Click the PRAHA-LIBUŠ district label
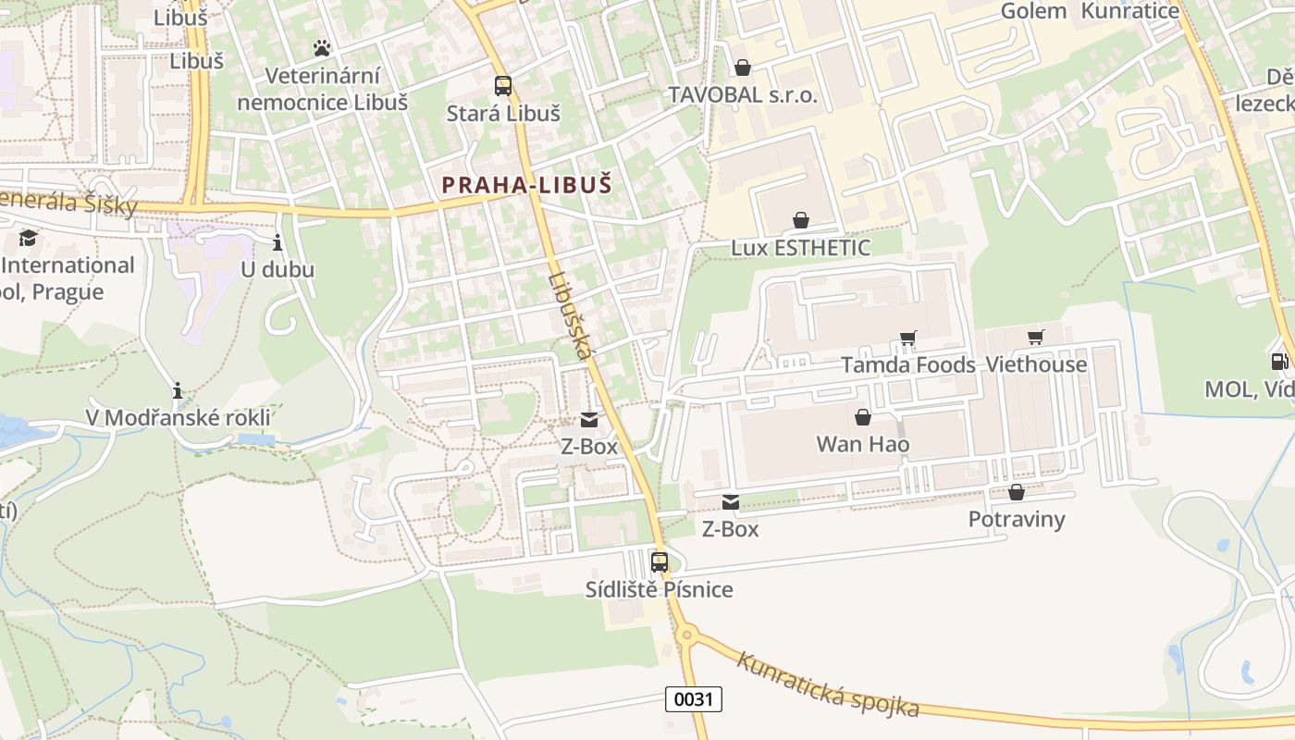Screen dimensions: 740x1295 [526, 185]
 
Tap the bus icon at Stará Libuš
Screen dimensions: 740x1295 [503, 86]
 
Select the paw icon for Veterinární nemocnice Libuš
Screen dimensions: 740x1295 [322, 47]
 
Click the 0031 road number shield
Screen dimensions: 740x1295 [693, 699]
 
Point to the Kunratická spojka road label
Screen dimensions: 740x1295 [828, 685]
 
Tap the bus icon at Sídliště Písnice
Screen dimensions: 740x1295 [660, 561]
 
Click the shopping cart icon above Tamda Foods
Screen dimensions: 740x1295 [908, 339]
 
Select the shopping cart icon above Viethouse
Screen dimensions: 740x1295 [1036, 338]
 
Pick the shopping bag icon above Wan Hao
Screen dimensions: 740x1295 [863, 417]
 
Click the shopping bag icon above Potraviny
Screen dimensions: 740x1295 [1017, 492]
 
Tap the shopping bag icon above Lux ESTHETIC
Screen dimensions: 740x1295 [801, 220]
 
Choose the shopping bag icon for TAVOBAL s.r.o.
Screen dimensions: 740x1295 [743, 68]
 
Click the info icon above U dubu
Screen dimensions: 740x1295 [277, 243]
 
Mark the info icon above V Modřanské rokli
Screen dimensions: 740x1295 [178, 390]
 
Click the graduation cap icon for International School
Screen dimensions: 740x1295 [28, 239]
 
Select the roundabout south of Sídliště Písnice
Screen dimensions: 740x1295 [686, 635]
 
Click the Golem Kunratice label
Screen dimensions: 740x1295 [1090, 11]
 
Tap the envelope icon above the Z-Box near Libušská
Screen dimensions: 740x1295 [589, 419]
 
